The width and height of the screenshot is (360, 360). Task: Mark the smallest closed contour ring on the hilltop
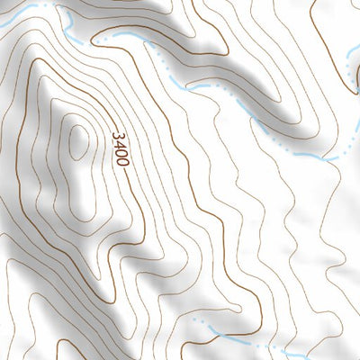(79, 142)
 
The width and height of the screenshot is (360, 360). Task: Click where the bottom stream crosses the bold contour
(236, 340)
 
